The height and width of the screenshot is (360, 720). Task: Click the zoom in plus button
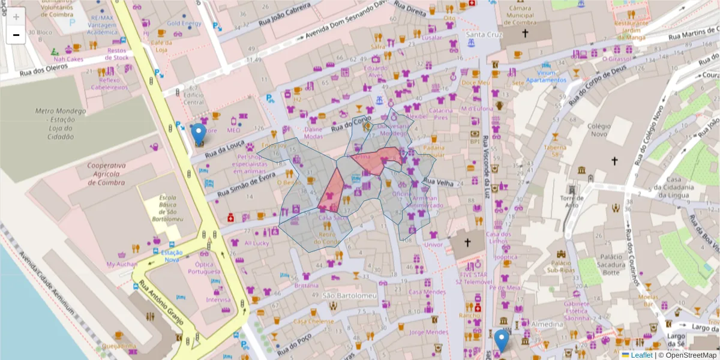click(x=16, y=17)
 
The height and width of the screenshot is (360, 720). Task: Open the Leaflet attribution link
click(x=641, y=355)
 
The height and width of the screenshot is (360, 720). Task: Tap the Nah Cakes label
click(x=68, y=59)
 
